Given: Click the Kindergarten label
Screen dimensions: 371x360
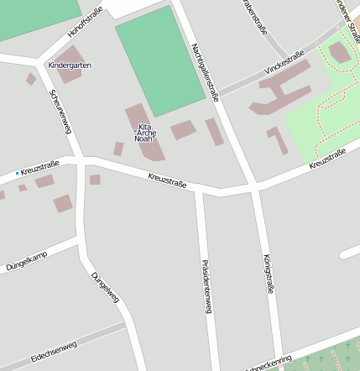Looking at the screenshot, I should (x=70, y=65).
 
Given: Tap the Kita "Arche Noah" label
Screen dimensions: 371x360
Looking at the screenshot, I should (x=145, y=133).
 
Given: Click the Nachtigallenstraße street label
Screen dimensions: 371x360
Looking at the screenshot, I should (x=205, y=71).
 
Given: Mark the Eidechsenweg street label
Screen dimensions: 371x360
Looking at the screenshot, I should (x=54, y=351).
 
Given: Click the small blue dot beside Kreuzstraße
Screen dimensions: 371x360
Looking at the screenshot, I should (x=16, y=173).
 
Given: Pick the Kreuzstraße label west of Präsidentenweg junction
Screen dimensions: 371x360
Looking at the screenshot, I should (x=167, y=179).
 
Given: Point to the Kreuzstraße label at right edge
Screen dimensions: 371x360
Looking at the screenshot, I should (x=327, y=159).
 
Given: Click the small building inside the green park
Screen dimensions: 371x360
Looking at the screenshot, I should (x=340, y=53).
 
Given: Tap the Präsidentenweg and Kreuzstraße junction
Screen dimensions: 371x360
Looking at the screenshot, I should (x=200, y=191).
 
